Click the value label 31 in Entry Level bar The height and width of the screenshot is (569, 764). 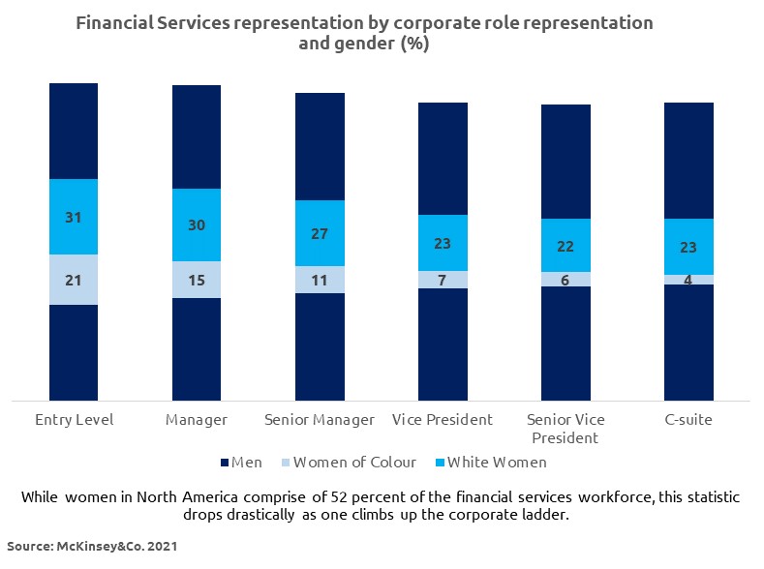coord(74,218)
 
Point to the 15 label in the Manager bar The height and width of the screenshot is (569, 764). coord(197,280)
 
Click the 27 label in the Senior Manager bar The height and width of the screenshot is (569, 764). coord(320,233)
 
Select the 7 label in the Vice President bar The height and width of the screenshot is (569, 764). coord(443,280)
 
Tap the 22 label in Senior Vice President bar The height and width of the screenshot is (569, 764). coord(565,246)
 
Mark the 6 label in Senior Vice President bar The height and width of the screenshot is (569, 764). coord(565,280)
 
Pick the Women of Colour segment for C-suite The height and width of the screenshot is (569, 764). coord(688,280)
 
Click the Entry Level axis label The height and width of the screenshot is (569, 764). coord(74,420)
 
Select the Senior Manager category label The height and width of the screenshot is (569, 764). coord(320,420)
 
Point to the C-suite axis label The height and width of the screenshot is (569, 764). coord(688,420)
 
